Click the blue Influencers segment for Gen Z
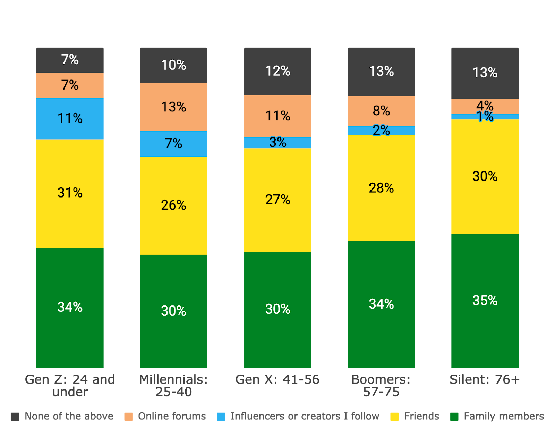click(70, 119)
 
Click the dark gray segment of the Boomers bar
click(381, 72)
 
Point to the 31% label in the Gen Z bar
click(70, 193)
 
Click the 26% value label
click(173, 205)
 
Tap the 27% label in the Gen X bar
click(277, 200)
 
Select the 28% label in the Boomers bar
click(381, 188)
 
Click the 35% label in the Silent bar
click(485, 301)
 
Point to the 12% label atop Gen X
click(277, 71)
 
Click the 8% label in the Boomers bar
click(381, 111)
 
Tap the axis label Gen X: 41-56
click(277, 379)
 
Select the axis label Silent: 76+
click(485, 379)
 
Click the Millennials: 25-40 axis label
click(173, 386)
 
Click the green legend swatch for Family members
click(454, 417)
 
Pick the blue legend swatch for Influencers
click(221, 417)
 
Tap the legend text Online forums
click(172, 416)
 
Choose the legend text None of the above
click(69, 416)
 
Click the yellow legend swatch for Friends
click(394, 417)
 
